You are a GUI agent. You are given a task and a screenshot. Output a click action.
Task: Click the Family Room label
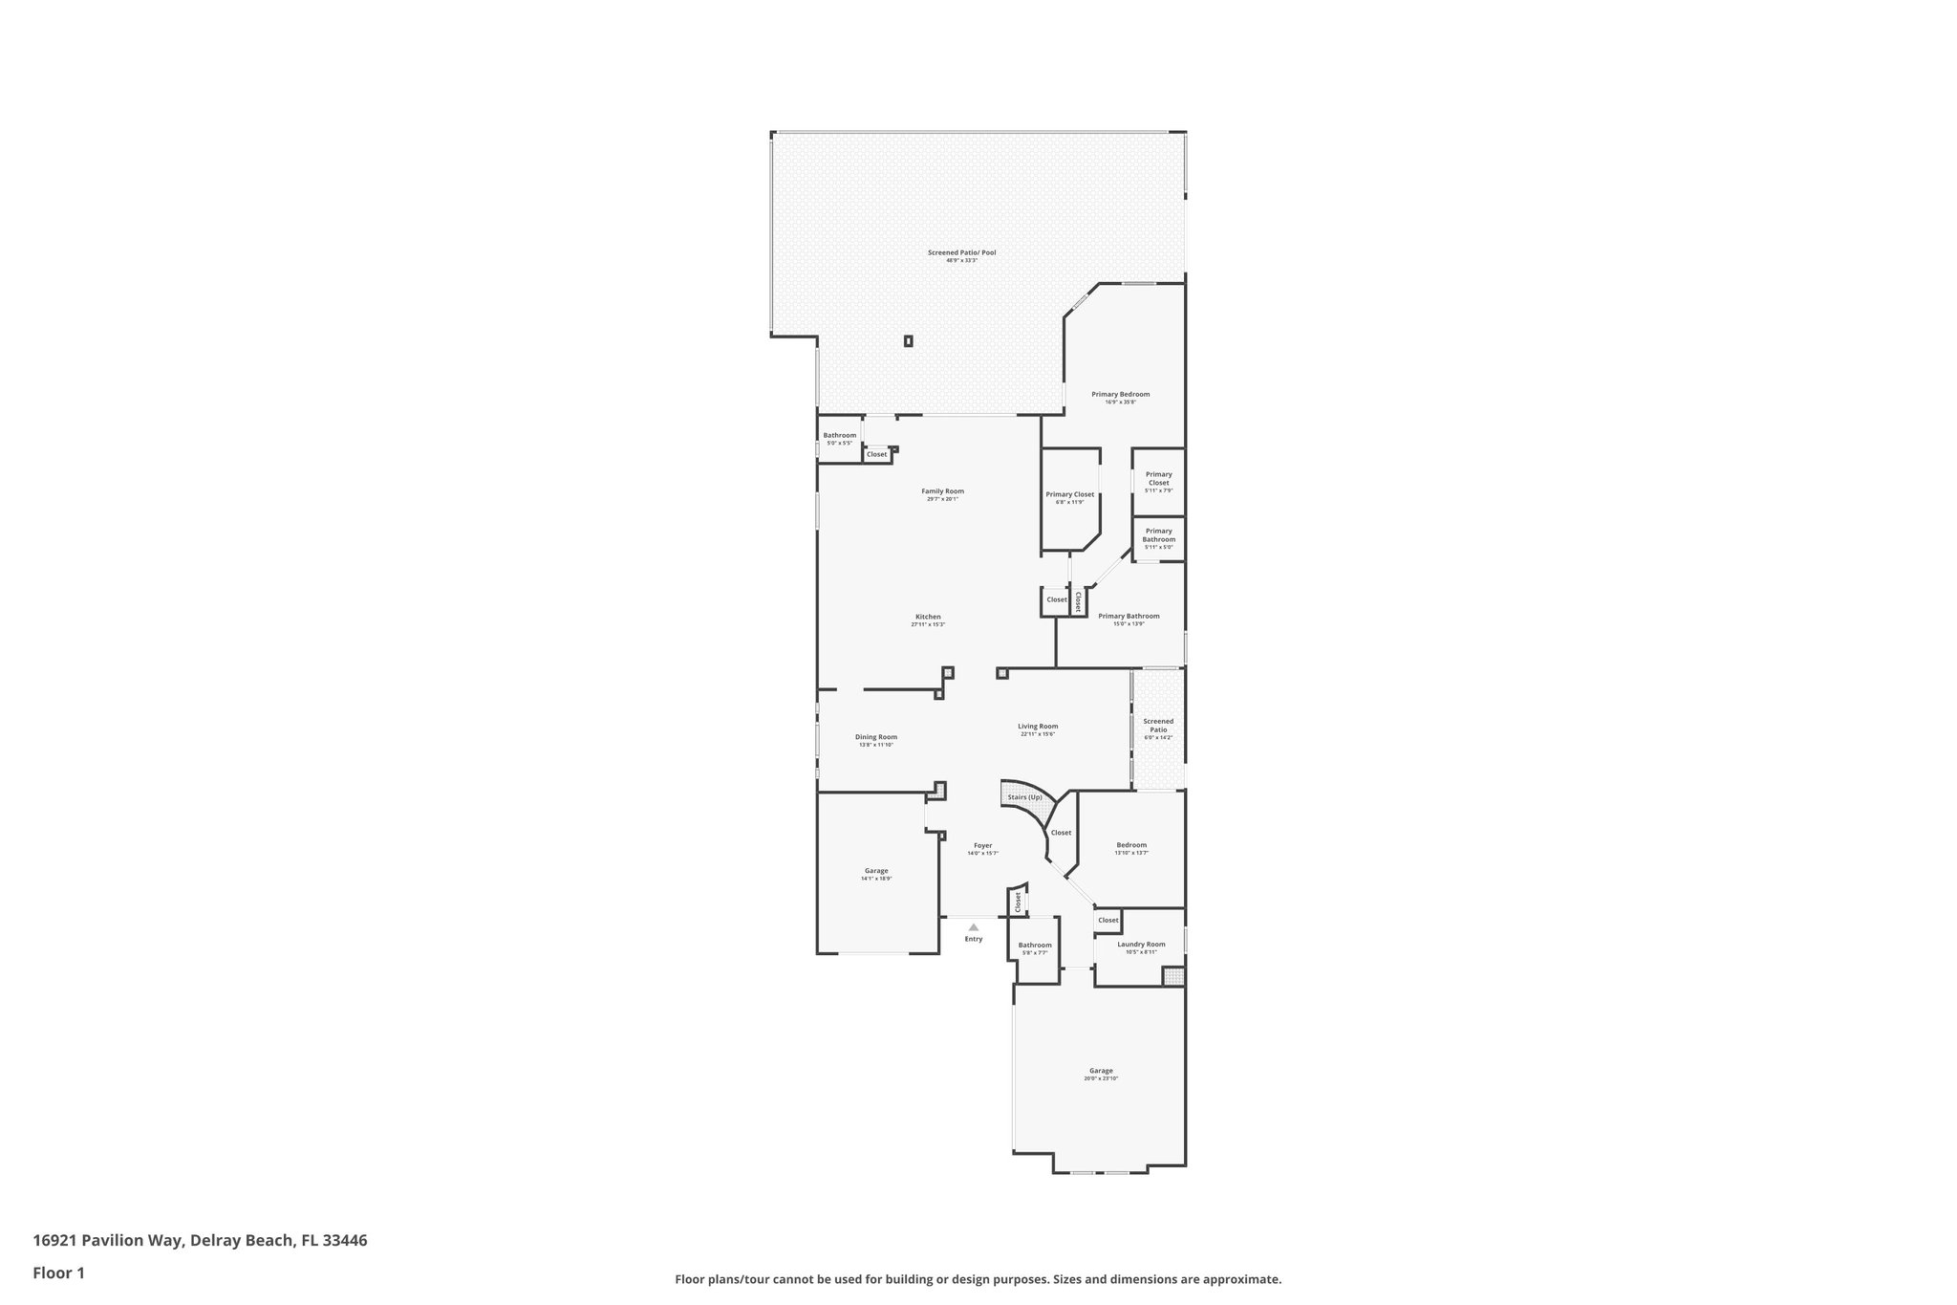(942, 491)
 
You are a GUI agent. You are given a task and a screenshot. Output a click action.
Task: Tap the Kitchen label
(928, 617)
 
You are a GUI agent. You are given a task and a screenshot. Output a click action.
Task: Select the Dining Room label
(875, 737)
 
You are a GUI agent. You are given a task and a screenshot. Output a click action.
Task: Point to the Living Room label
(1038, 727)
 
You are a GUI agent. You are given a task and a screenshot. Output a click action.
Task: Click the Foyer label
(982, 845)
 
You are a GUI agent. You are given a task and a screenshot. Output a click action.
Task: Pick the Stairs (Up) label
(1024, 796)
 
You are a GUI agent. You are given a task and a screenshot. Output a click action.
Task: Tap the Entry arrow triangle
(973, 926)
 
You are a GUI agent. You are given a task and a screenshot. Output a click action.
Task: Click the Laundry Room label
(1141, 945)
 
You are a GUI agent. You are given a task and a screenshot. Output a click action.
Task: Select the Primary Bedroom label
(1120, 394)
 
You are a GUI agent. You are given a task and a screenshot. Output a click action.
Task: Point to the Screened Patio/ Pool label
(961, 252)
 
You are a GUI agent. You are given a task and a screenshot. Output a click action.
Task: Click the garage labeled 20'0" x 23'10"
(1101, 1071)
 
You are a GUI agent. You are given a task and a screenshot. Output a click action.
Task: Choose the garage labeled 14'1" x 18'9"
(876, 871)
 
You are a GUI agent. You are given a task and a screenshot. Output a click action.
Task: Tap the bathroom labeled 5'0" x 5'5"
(840, 436)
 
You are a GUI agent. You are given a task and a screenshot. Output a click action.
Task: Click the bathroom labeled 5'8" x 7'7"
(1035, 946)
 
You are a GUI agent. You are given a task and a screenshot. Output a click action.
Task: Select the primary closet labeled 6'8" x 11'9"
(1069, 495)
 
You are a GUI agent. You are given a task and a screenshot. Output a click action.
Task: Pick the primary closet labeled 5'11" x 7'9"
(1158, 478)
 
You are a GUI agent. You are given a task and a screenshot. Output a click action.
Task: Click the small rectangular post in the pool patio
(908, 340)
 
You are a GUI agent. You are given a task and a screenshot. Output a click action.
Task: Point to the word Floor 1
(59, 1272)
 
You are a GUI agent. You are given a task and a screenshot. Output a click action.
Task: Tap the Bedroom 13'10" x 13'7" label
(1131, 845)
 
